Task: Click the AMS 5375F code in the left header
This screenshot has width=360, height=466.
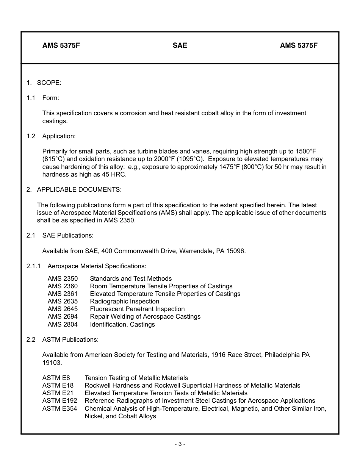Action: [61, 45]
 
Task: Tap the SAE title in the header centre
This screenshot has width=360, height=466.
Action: [180, 45]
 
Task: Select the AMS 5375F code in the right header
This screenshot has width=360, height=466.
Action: [299, 45]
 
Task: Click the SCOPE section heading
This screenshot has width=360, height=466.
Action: [49, 83]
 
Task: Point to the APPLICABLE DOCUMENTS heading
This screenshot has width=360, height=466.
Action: [79, 189]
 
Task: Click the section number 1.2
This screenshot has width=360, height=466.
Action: [31, 136]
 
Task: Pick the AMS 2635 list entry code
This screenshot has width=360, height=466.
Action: [63, 302]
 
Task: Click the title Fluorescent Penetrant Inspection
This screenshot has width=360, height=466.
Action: [137, 309]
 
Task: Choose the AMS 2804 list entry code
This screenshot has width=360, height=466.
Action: [63, 324]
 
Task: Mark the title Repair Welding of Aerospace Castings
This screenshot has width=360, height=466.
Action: [145, 317]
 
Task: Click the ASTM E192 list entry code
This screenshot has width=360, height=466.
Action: [59, 401]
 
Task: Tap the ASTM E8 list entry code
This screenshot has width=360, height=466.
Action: [56, 378]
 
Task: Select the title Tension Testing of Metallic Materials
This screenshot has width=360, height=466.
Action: [136, 378]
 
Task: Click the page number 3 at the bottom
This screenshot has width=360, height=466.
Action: [180, 444]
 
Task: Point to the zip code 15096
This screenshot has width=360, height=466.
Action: [236, 251]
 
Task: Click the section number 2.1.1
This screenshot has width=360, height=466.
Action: [33, 266]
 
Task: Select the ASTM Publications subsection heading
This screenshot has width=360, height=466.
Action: [70, 339]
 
